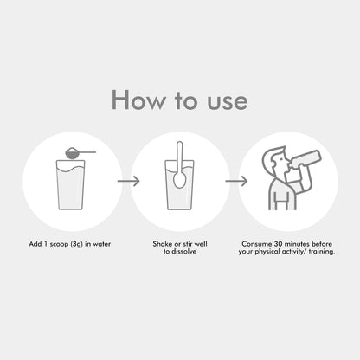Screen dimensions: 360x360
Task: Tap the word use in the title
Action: [228, 102]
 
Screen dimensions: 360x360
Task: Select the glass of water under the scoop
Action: [71, 184]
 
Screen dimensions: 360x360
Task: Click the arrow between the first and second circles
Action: [128, 181]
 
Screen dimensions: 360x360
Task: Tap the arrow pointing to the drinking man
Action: [236, 181]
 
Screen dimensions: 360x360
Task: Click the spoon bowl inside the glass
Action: [179, 180]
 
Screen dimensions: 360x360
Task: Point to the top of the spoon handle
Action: [179, 142]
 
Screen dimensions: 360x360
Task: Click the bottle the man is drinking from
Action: [305, 158]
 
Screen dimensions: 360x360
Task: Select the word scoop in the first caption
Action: [60, 244]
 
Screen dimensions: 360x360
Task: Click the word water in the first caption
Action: [101, 244]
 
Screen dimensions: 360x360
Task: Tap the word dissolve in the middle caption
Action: [183, 251]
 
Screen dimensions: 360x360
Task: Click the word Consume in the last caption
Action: [257, 244]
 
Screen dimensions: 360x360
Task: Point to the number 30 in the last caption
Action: [278, 244]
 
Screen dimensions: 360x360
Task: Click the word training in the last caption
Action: [322, 252]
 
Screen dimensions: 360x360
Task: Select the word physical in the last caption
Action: [267, 252]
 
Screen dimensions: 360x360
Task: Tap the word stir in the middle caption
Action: [187, 244]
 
